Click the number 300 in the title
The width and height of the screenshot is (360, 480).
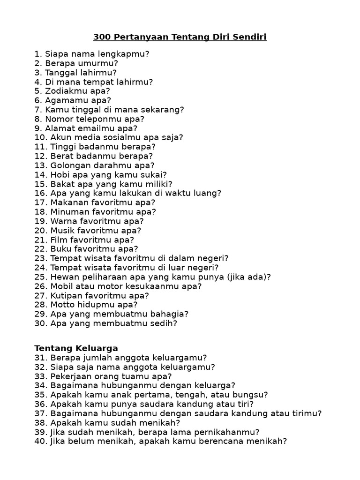(x=101, y=37)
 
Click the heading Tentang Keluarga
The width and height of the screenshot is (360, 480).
(x=76, y=348)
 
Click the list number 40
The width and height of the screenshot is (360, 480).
(x=40, y=441)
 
